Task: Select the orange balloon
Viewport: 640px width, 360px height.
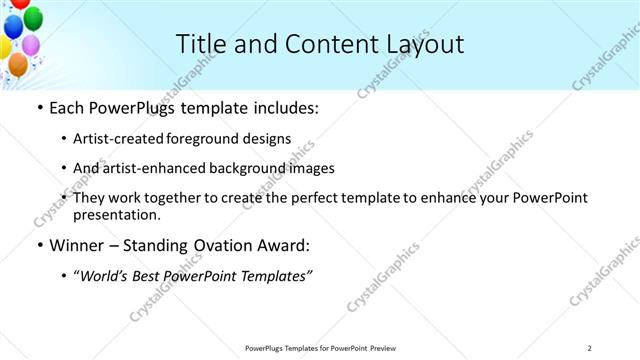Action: click(18, 64)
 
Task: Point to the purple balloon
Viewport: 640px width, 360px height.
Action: click(31, 45)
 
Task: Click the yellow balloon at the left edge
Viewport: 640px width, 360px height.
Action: click(4, 47)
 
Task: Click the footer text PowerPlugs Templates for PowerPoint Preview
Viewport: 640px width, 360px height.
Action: click(320, 348)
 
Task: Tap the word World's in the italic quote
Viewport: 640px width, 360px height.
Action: click(106, 275)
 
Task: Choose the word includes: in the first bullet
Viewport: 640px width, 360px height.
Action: click(284, 107)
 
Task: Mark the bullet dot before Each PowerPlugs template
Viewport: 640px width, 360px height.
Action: click(39, 107)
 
